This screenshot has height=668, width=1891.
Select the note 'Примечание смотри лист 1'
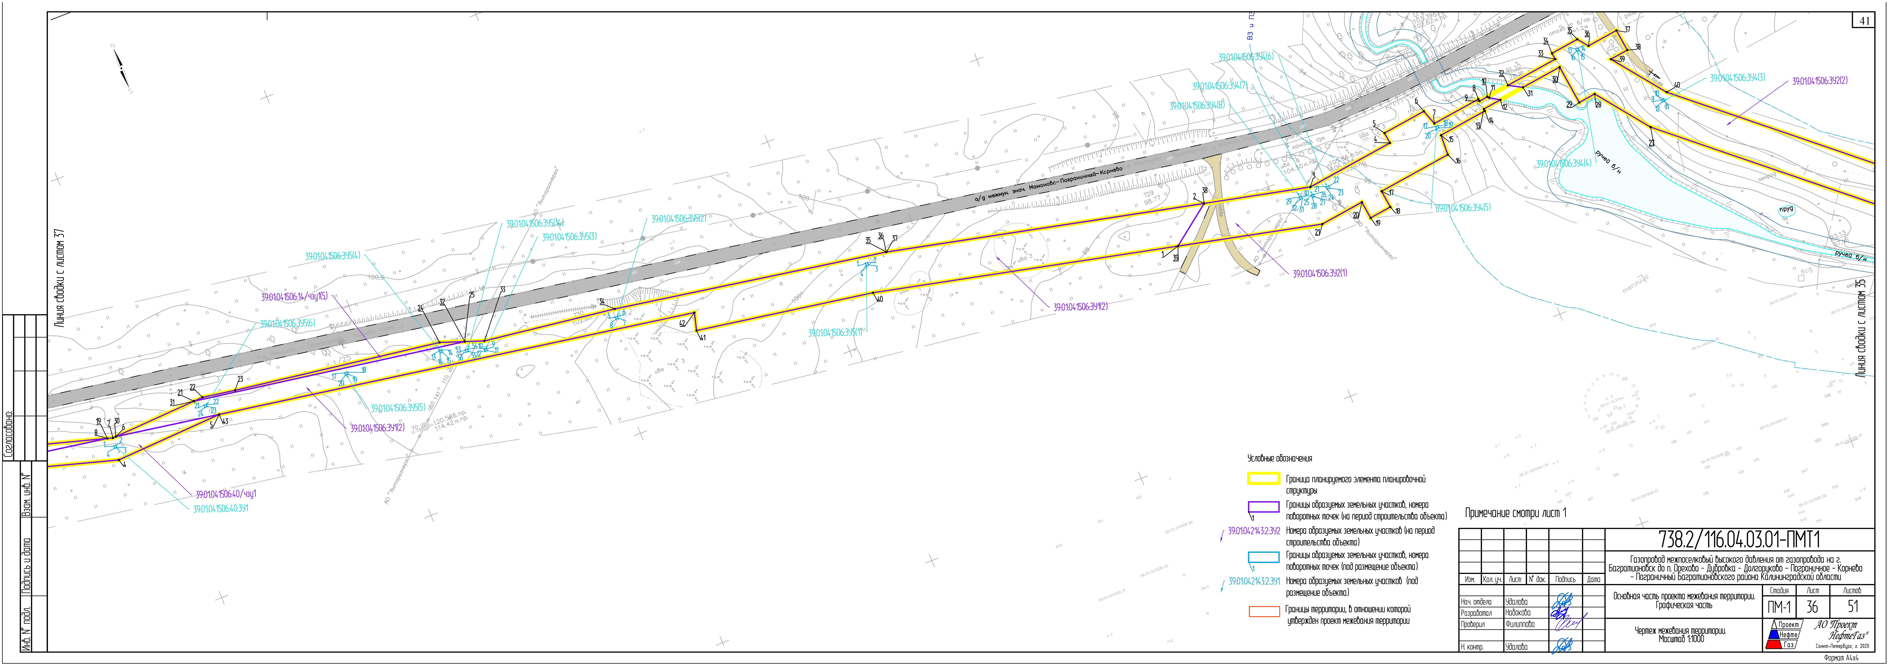pyautogui.click(x=1515, y=513)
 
